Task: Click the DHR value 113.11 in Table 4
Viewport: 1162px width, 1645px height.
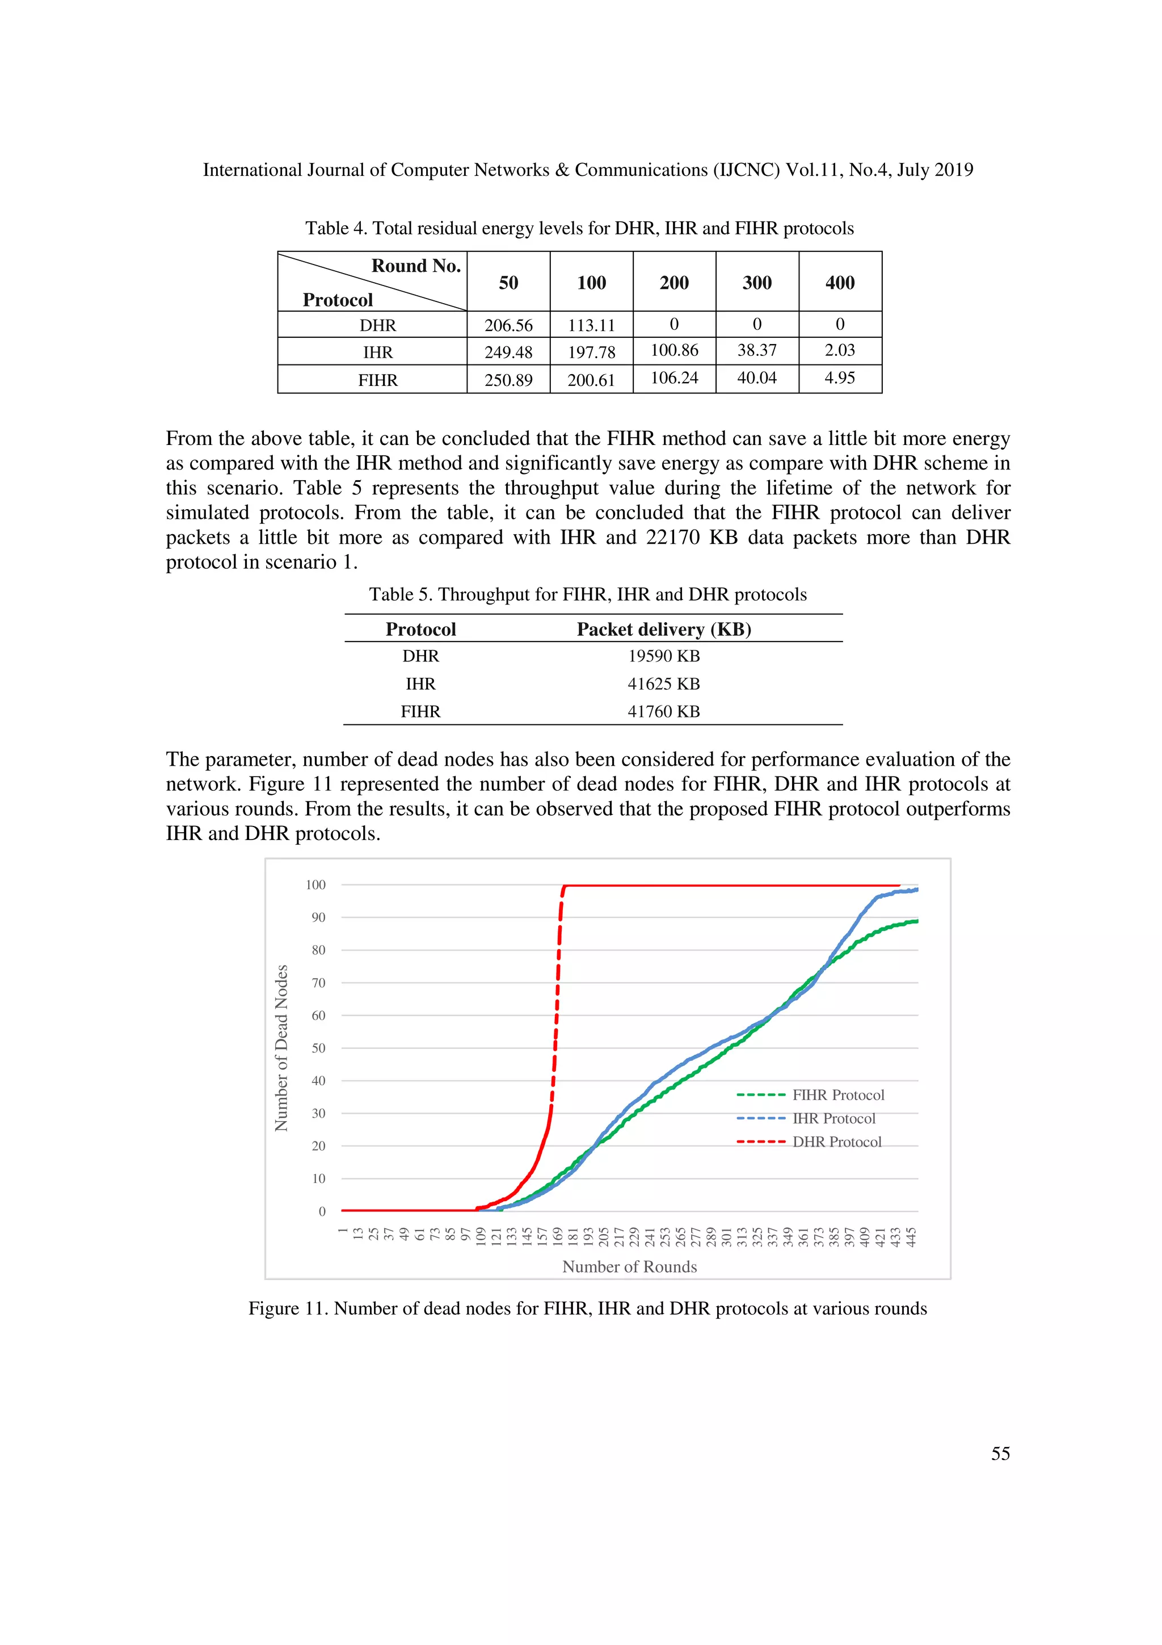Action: [x=591, y=325]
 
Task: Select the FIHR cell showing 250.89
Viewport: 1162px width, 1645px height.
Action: [x=508, y=380]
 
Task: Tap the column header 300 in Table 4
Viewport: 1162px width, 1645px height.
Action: [x=757, y=282]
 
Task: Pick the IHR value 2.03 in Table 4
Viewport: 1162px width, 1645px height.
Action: [x=840, y=350]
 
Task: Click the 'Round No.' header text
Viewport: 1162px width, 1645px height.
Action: [x=416, y=266]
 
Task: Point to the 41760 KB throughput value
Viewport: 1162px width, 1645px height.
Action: [x=664, y=711]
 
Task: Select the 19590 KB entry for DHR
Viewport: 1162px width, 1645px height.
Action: [x=664, y=656]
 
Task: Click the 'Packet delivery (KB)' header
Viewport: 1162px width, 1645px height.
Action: [x=664, y=629]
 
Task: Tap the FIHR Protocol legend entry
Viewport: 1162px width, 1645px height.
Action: [x=837, y=1095]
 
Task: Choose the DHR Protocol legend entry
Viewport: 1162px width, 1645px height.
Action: [x=836, y=1142]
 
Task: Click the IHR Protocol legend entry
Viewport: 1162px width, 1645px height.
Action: [x=833, y=1118]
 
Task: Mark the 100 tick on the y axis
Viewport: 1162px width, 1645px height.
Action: [x=315, y=885]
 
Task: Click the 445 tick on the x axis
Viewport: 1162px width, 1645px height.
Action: [x=911, y=1237]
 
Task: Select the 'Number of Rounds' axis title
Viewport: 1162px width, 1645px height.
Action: [x=629, y=1267]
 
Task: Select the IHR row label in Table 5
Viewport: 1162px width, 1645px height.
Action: [x=420, y=683]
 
